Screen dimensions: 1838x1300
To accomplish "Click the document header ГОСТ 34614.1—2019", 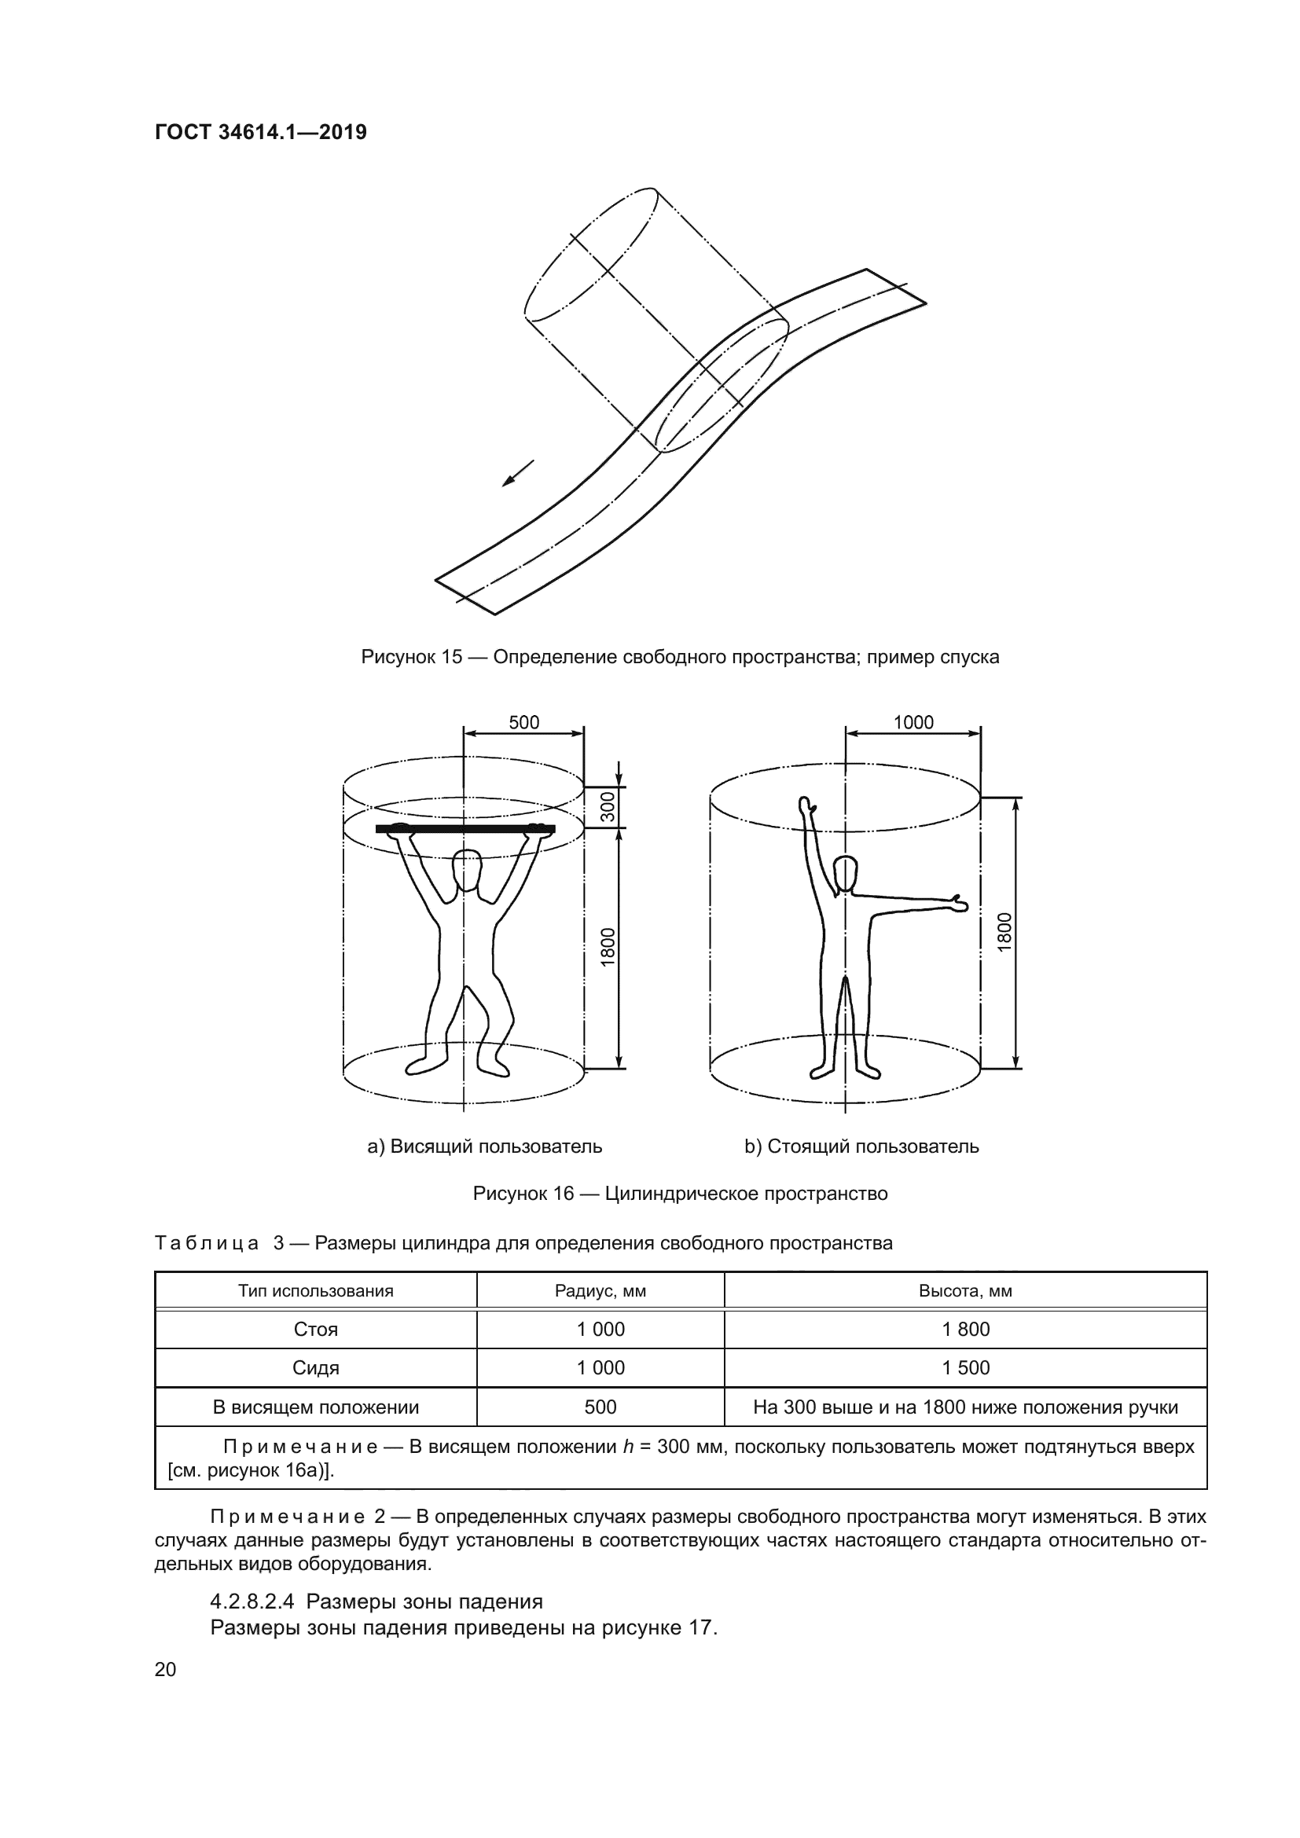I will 260,132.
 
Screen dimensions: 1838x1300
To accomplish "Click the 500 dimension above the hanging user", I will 523,722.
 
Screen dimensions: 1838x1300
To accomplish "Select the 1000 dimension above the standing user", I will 913,722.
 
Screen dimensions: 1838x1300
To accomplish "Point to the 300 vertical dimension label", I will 608,806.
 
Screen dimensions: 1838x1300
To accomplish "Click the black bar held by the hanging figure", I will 465,828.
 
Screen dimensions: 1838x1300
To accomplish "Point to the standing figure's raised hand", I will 807,805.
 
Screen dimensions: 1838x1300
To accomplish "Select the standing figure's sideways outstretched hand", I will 957,904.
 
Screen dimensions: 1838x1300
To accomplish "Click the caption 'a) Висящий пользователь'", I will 484,1146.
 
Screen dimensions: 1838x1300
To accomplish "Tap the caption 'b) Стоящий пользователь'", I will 861,1146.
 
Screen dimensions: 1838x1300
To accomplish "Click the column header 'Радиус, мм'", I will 600,1291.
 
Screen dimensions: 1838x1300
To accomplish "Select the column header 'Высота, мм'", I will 965,1291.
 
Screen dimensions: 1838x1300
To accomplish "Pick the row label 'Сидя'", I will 315,1368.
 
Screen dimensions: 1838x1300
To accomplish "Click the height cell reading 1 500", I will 965,1368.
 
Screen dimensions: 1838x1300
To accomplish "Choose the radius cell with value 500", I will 600,1407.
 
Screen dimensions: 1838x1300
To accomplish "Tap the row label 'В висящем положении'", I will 315,1407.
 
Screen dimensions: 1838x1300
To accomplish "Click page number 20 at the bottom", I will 165,1669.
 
